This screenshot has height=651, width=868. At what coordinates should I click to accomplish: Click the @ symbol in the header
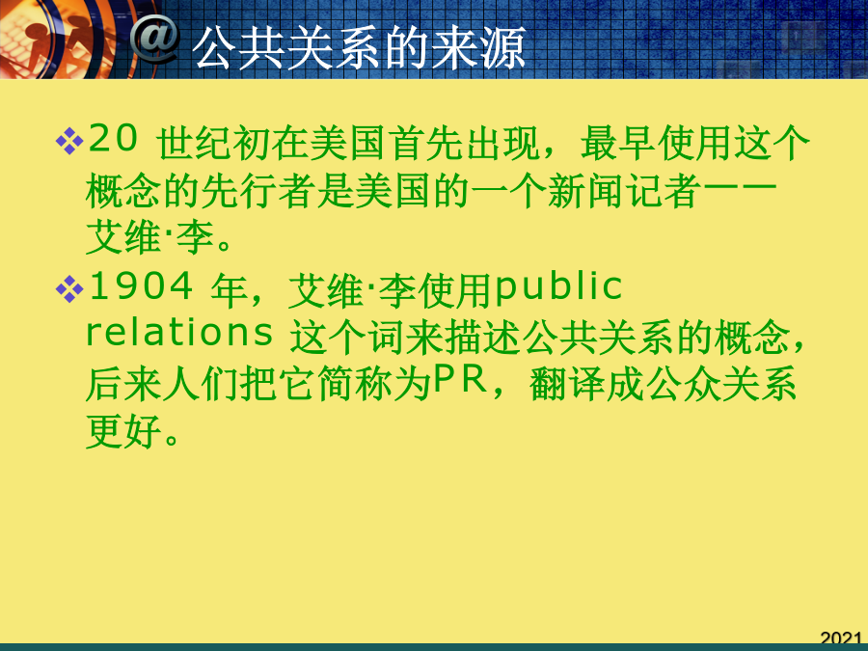click(155, 39)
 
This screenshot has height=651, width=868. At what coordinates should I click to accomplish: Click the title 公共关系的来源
click(360, 47)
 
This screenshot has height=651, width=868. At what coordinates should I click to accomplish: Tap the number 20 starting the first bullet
click(113, 138)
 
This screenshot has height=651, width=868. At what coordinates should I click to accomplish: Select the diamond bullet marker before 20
click(69, 141)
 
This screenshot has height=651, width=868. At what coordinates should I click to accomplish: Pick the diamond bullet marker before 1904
click(69, 289)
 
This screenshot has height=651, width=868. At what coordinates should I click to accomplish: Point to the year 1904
click(141, 286)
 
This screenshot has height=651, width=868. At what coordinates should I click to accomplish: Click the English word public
click(558, 287)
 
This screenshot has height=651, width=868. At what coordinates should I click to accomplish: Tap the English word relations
click(179, 333)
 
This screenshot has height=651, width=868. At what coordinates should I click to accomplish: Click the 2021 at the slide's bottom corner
click(841, 637)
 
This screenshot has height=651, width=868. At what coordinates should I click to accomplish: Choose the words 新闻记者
click(624, 191)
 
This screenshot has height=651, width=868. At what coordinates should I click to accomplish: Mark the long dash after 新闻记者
click(739, 191)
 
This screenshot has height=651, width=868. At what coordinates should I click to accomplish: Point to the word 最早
click(618, 143)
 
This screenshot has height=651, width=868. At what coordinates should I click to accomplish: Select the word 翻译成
click(586, 384)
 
